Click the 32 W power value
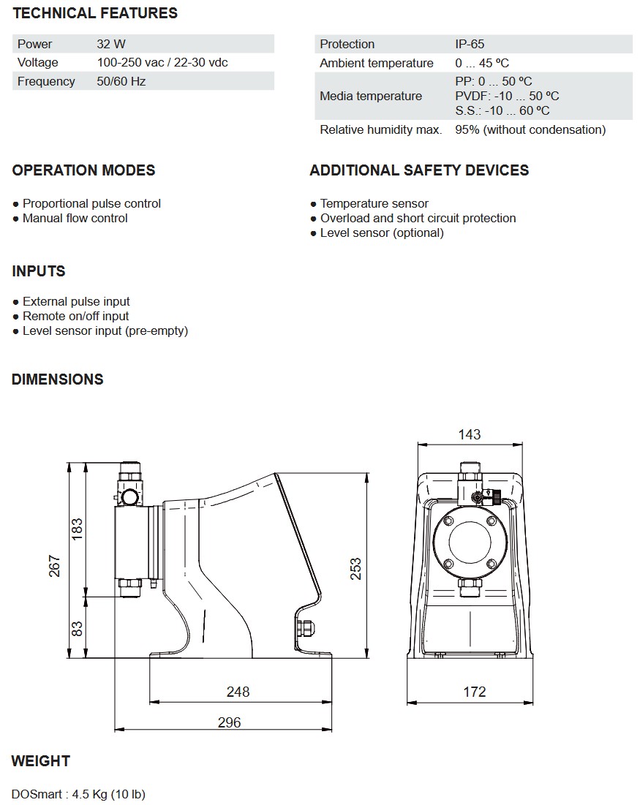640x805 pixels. [111, 44]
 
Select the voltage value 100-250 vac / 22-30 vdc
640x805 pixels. [162, 63]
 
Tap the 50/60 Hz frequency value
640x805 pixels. [121, 82]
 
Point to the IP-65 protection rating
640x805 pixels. [470, 44]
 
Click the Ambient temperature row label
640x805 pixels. [377, 63]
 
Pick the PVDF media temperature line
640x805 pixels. [507, 96]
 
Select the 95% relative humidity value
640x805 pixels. [530, 130]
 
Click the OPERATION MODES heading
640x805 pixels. [83, 170]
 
